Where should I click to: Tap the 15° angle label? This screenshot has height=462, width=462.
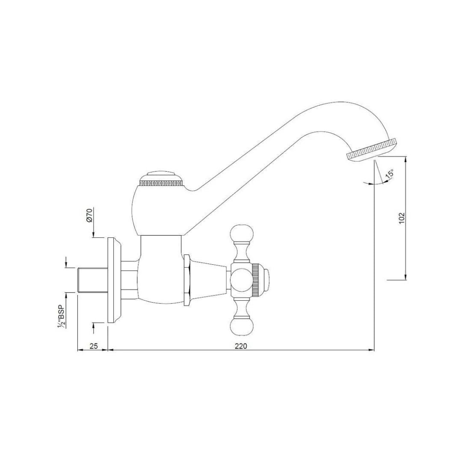(389, 174)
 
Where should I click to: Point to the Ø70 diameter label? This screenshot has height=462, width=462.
(89, 215)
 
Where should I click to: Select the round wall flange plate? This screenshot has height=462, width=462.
(113, 280)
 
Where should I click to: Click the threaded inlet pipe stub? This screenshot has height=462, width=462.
(88, 280)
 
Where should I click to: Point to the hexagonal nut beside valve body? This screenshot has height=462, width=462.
(187, 280)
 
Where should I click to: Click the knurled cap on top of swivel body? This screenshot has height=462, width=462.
(161, 179)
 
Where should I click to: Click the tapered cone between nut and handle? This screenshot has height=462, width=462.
(208, 280)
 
